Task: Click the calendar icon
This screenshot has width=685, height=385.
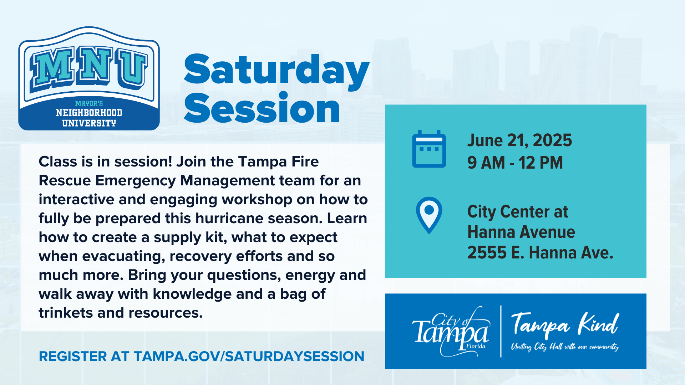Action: point(429,149)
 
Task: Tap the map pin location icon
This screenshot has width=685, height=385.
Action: point(429,215)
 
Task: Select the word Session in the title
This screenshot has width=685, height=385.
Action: point(262,108)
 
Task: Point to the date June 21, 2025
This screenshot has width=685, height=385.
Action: point(519,140)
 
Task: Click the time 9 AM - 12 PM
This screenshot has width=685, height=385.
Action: point(515,163)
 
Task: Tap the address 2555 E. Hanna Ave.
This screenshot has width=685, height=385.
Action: point(540,252)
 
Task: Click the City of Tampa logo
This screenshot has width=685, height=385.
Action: point(451,332)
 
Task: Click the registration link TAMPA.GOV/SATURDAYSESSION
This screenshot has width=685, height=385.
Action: point(249,356)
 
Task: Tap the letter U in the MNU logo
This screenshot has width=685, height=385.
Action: point(132,68)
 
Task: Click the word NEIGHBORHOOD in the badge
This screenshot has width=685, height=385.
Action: point(89,113)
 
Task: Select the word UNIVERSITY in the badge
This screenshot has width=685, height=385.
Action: point(89,123)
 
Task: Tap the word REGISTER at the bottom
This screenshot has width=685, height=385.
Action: point(73,356)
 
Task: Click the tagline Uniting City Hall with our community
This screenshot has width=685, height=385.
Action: point(565,347)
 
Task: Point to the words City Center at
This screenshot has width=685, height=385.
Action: point(518,212)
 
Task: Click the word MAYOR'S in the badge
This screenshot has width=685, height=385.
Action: point(89,103)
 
